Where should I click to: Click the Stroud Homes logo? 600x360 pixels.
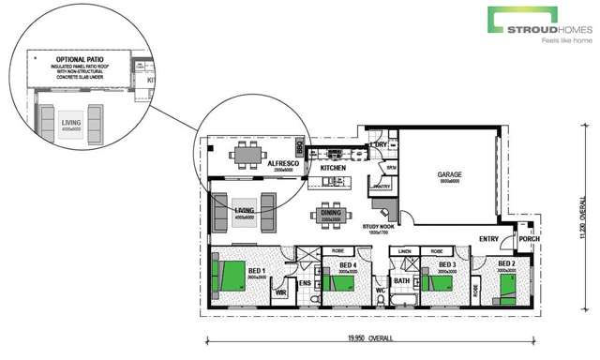tap(540, 25)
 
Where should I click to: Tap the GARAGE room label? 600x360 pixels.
tap(449, 174)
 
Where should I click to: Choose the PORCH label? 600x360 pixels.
tap(529, 238)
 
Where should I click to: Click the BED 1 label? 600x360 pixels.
tap(257, 270)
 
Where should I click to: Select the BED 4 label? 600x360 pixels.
tap(348, 265)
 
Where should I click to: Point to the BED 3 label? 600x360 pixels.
tap(446, 265)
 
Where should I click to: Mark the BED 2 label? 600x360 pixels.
tap(507, 264)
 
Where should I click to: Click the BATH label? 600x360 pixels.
tap(403, 280)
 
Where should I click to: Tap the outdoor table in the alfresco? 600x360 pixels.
tap(247, 157)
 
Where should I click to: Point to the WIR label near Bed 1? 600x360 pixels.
tap(279, 292)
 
